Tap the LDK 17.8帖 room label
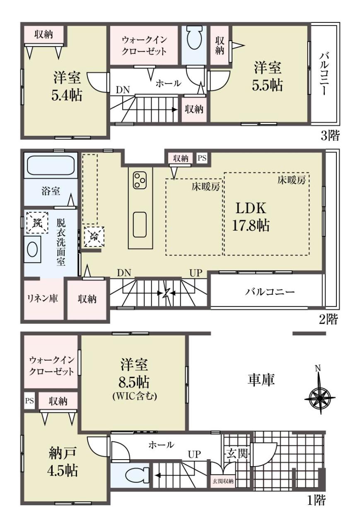pos(251,217)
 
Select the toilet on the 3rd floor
pos(195,37)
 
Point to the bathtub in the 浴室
pos(51,166)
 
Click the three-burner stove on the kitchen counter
pos(140,180)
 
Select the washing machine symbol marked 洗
pos(37,222)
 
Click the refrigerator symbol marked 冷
pos(94,236)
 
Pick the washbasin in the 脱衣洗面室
pos(32,249)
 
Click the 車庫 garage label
pos(261,380)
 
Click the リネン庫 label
pos(42,299)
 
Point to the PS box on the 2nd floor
pos(202,158)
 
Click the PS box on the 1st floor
pos(29,401)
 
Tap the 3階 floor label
pos(330,136)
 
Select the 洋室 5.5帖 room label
pos(268,76)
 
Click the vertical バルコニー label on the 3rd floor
pos(325,74)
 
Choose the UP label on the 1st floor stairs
pos(194,454)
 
